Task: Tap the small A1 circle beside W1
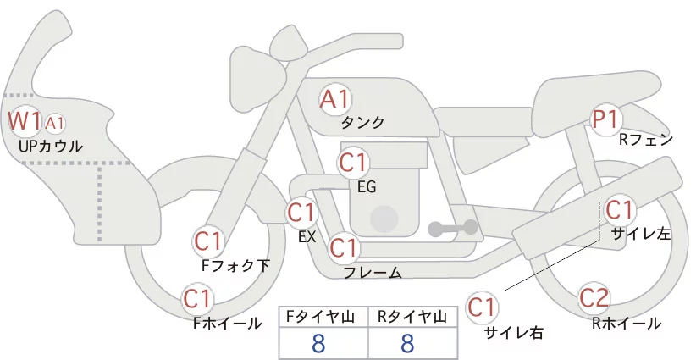tap(55, 124)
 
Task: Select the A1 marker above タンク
tap(334, 99)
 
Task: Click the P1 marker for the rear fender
tap(605, 119)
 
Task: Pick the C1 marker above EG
tap(353, 162)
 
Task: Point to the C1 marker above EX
tap(301, 212)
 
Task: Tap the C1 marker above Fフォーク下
tap(207, 241)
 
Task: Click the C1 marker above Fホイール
tap(198, 299)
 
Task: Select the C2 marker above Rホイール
tap(594, 298)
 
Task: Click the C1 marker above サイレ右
tap(483, 306)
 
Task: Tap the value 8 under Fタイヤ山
tap(323, 342)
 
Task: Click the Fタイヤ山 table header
tap(323, 317)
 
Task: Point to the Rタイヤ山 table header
tap(412, 317)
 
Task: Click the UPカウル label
tap(50, 147)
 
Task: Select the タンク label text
tap(362, 123)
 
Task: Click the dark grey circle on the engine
tap(385, 219)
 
